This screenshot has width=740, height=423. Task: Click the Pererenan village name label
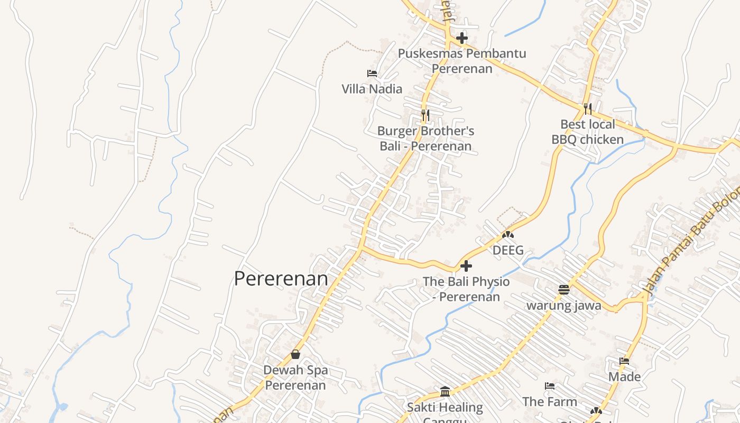tap(281, 279)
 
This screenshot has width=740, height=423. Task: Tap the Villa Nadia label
tap(372, 89)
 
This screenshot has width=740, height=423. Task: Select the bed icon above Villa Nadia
tap(372, 73)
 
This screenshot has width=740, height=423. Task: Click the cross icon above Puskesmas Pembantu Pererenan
tap(462, 38)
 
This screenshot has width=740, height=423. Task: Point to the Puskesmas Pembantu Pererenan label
tap(462, 61)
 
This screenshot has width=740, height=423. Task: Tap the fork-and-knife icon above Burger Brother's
tap(425, 115)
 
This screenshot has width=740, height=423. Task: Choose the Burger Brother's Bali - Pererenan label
tap(425, 139)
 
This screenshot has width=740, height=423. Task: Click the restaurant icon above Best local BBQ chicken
tap(588, 108)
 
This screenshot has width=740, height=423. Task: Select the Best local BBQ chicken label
tap(588, 132)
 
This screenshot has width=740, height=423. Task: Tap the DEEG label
tap(508, 250)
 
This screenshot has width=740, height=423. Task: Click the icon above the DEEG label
tap(508, 234)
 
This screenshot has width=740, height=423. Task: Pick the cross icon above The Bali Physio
tap(466, 266)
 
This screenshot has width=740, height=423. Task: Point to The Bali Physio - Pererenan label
tap(466, 289)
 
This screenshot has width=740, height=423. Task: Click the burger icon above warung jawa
tap(564, 290)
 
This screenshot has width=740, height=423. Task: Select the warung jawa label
tap(564, 306)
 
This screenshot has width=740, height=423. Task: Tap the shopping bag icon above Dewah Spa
tap(295, 354)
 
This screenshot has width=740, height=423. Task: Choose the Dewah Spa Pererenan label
tap(295, 378)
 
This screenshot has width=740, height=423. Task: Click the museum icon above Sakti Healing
tap(445, 392)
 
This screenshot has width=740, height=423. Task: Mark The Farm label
tap(550, 402)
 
